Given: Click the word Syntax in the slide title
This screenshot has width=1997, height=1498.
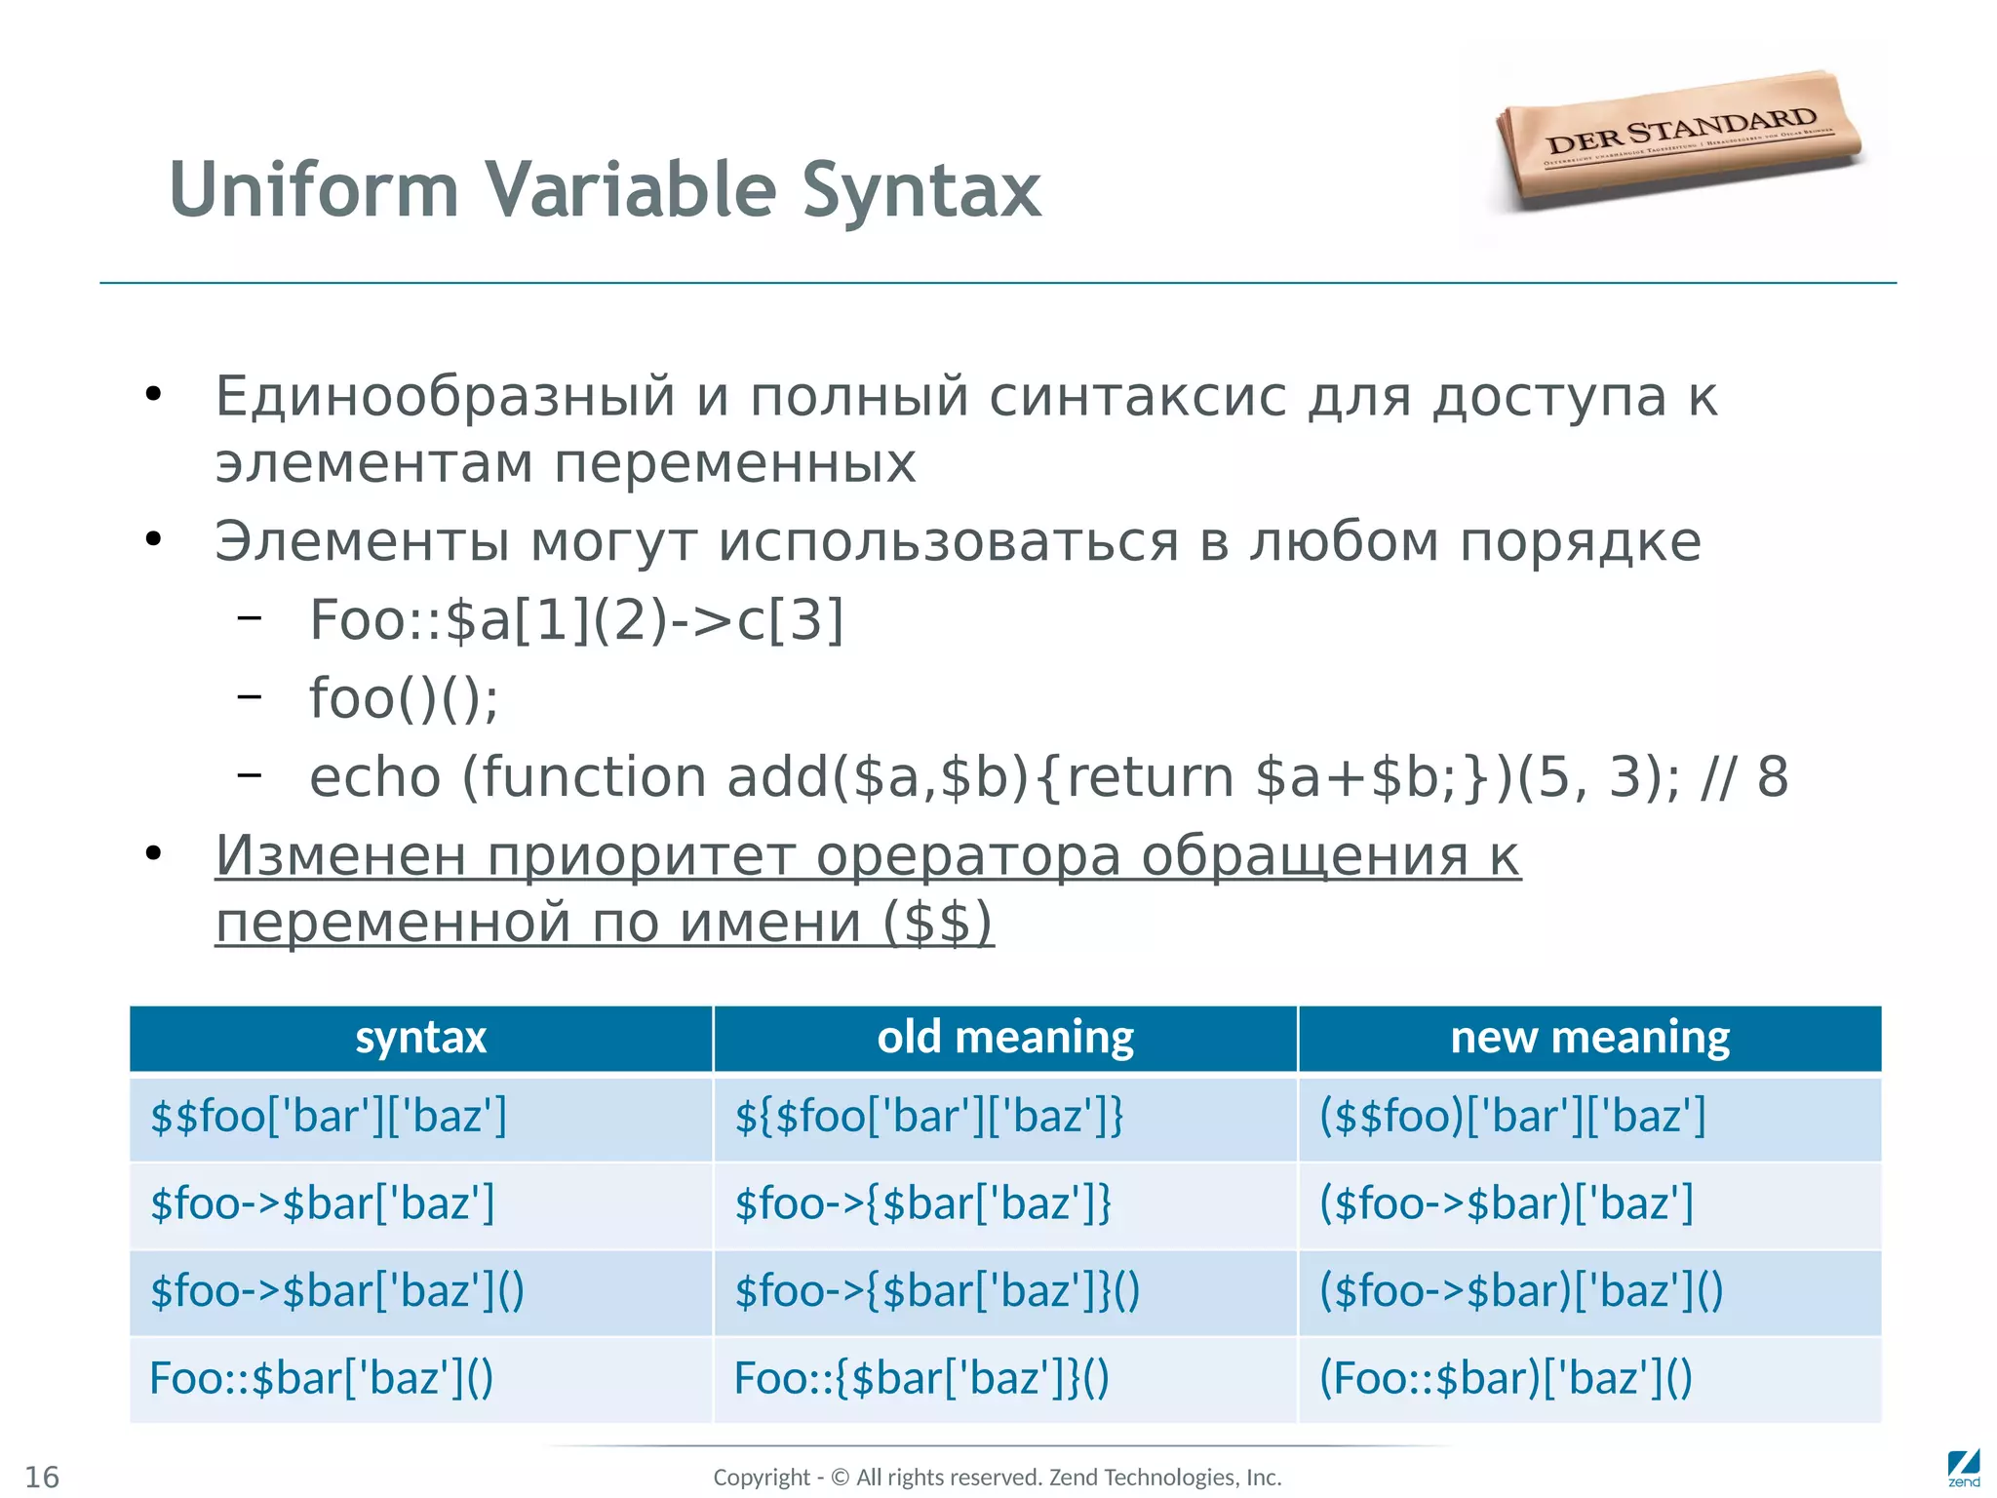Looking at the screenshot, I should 920,190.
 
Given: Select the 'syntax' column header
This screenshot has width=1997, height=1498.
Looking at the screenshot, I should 420,1038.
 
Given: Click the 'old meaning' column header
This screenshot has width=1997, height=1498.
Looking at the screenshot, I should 1004,1038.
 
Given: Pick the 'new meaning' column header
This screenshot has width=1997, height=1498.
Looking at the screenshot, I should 1589,1038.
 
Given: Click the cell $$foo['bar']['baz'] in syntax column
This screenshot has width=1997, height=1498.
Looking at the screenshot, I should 329,1116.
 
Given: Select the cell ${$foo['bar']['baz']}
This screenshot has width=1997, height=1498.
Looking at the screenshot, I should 928,1116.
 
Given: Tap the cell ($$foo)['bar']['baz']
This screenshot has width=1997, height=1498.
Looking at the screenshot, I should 1511,1116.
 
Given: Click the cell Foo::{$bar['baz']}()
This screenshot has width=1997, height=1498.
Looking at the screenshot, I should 921,1378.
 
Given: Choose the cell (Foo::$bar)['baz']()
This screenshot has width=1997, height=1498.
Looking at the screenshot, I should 1506,1378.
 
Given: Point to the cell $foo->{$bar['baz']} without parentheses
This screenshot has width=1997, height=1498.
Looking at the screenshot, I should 922,1203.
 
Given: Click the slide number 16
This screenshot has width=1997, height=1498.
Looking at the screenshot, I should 42,1477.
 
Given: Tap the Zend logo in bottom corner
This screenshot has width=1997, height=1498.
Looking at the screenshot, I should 1963,1469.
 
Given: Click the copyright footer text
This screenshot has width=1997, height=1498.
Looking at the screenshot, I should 997,1478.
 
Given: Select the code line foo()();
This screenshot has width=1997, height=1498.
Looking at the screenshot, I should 404,698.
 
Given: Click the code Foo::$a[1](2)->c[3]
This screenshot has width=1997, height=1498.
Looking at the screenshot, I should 576,620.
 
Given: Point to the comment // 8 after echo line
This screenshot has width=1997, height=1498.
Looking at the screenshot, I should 1743,777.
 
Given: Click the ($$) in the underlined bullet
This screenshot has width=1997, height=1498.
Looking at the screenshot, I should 937,923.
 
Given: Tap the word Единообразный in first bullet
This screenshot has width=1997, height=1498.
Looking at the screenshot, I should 445,397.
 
